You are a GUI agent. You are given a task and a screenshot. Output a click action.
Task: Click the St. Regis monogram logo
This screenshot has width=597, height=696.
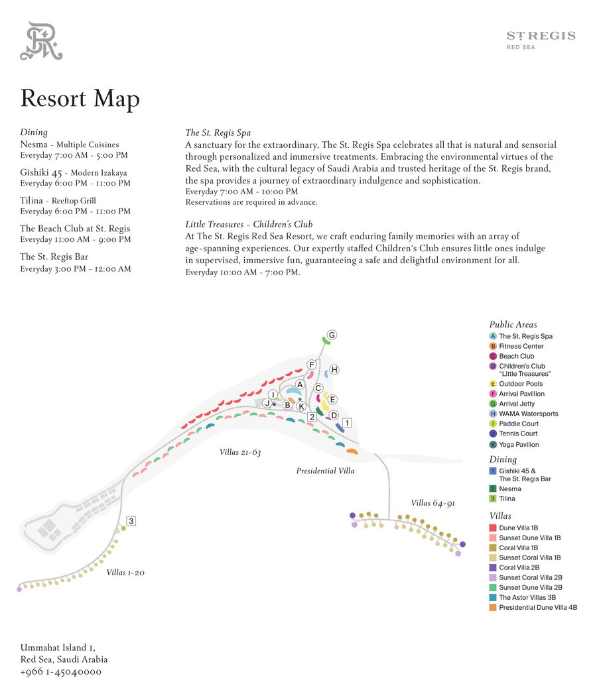[41, 41]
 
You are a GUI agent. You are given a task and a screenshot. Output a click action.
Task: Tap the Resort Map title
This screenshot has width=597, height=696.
[80, 99]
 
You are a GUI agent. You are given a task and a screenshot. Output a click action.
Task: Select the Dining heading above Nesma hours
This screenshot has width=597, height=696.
[34, 133]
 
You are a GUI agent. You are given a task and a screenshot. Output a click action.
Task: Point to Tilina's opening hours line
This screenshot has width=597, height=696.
[75, 211]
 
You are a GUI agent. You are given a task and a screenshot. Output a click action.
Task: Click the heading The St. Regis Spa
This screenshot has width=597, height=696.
[218, 133]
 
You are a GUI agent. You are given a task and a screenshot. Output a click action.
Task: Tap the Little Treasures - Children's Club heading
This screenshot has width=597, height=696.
[249, 225]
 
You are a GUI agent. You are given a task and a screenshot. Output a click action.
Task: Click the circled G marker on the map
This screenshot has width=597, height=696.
[332, 335]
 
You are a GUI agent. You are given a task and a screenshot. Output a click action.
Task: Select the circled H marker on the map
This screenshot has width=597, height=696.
[334, 369]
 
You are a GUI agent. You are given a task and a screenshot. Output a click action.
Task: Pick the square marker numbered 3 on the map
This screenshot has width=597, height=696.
[131, 521]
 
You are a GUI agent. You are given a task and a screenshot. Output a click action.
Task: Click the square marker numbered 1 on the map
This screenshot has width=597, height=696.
[346, 422]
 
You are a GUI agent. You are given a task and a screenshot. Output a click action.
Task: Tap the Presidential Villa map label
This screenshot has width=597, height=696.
[325, 471]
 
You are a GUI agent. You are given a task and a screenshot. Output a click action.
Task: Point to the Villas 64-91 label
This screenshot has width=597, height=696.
[432, 503]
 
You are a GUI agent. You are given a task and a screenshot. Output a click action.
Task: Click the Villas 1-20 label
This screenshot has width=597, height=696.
[125, 572]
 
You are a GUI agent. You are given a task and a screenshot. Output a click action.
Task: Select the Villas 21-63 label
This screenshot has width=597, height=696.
[240, 452]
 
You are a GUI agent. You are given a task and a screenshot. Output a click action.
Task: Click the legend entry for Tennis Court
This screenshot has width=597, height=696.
[518, 434]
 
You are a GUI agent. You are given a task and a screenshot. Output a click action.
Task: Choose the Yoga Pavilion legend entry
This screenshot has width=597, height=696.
[519, 445]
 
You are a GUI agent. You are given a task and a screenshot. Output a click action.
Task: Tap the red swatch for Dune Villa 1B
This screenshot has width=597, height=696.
[493, 528]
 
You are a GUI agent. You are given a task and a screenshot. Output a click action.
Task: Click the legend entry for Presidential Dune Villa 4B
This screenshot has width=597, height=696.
[537, 607]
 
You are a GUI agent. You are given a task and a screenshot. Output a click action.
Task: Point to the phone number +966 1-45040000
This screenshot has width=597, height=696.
[61, 671]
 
